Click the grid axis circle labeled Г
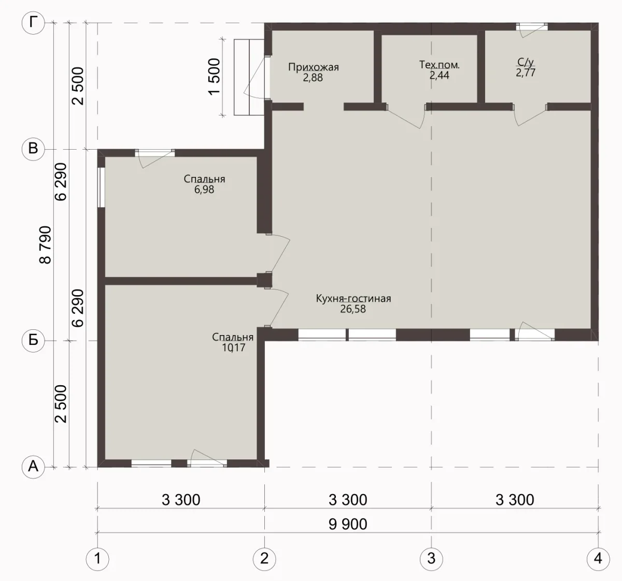coord(33,23)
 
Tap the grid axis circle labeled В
coord(33,149)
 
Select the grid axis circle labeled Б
coord(33,341)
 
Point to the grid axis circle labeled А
coord(33,467)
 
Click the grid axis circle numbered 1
coord(97,559)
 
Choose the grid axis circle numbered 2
coord(264,559)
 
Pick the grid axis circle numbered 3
coord(431,559)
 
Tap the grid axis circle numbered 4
coord(598,559)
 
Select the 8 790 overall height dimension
coord(45,245)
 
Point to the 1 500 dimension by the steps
coord(214,77)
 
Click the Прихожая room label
coord(314,67)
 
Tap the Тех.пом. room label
coord(440,65)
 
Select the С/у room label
coord(526,62)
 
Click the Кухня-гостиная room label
coord(354,298)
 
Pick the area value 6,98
coord(204,190)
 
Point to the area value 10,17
coord(234,347)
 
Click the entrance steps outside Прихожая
coord(249,77)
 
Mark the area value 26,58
coord(353,309)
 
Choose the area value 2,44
coord(440,75)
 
